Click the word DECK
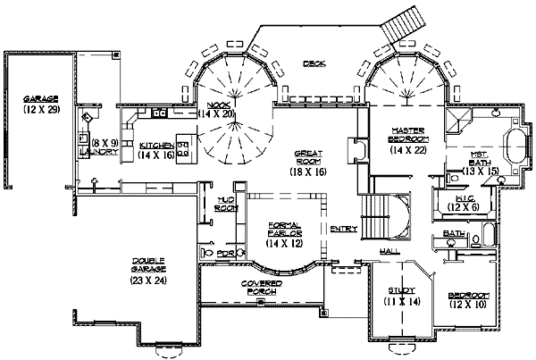(x=313, y=63)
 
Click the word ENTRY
(x=344, y=230)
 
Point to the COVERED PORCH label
(x=263, y=287)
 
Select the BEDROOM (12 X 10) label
(x=469, y=301)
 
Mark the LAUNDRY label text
(x=98, y=152)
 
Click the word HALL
(x=389, y=252)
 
